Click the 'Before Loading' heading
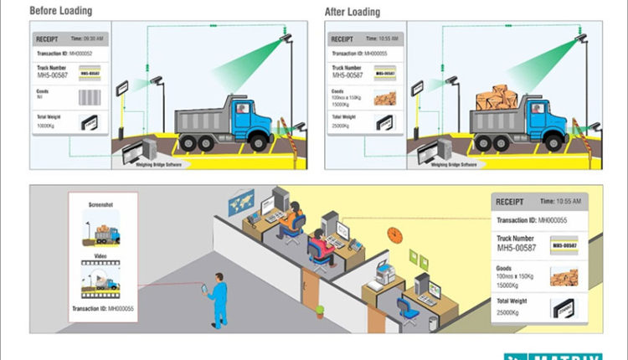(61, 13)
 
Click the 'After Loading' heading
(352, 13)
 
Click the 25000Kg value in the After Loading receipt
(339, 126)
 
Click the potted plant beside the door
(320, 311)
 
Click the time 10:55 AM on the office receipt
(564, 203)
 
